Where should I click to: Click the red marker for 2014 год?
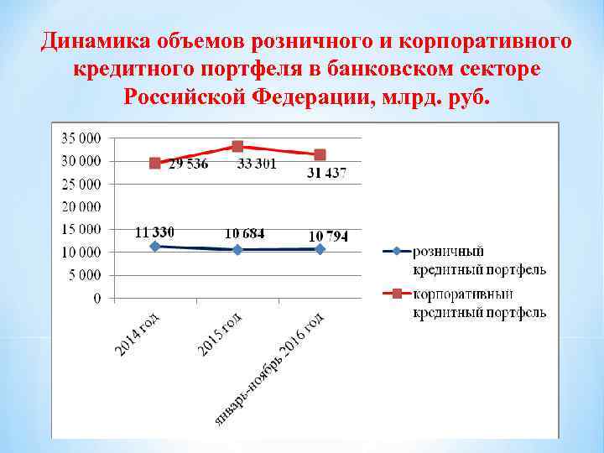(155, 163)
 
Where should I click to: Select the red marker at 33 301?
(237, 146)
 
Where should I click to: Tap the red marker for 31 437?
(320, 154)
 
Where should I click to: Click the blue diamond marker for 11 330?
(155, 247)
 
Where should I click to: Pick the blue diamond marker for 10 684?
(237, 249)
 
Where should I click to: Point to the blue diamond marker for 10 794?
(320, 249)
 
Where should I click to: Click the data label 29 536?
(189, 164)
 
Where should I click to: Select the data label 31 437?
(325, 174)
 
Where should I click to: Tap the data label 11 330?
(155, 232)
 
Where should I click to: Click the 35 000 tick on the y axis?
(82, 138)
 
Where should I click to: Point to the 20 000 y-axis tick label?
(82, 206)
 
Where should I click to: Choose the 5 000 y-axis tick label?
(86, 274)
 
